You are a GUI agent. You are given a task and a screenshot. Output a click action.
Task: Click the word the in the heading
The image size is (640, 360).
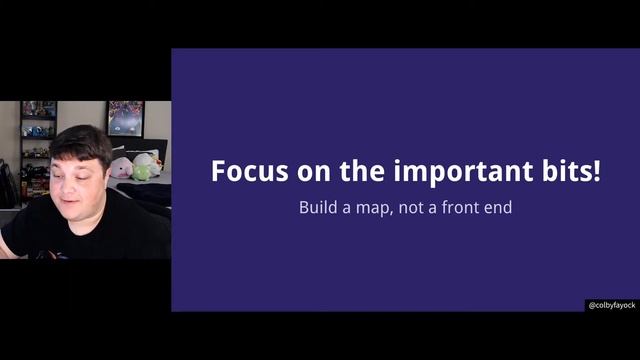pos(362,171)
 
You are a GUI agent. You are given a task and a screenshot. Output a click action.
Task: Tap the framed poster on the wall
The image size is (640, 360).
pos(125,119)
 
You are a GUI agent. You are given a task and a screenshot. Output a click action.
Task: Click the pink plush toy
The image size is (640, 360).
pos(121,168)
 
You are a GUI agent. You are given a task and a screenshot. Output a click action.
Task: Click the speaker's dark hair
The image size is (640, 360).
pos(78,140)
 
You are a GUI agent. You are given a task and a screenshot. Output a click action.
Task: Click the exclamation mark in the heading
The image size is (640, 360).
pos(597,171)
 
